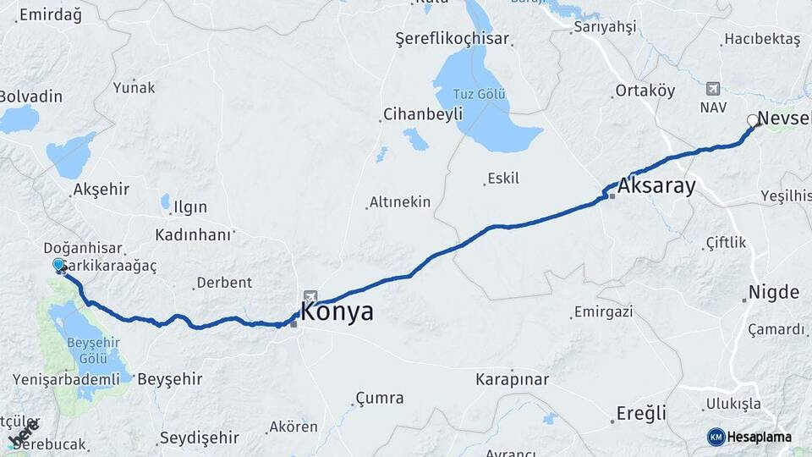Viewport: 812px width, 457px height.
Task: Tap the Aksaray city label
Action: coord(656,186)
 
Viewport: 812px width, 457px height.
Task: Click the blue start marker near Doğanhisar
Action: coord(58,265)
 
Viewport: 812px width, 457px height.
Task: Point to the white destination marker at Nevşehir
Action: coord(752,120)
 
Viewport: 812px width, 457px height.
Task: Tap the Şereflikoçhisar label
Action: coord(453,39)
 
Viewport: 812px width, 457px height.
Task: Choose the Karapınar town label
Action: coord(512,379)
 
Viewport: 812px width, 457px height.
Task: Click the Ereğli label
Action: coord(642,414)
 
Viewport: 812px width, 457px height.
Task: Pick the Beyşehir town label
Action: coord(169,377)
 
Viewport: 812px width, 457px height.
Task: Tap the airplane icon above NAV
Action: coord(712,89)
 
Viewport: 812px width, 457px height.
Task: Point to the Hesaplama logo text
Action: coord(759,438)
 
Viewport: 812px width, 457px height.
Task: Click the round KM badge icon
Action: coord(716,437)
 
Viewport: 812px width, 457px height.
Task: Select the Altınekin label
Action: coord(400,202)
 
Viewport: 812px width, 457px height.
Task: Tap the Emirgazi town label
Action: coord(603,312)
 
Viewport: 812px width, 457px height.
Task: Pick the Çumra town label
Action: coord(380,398)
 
